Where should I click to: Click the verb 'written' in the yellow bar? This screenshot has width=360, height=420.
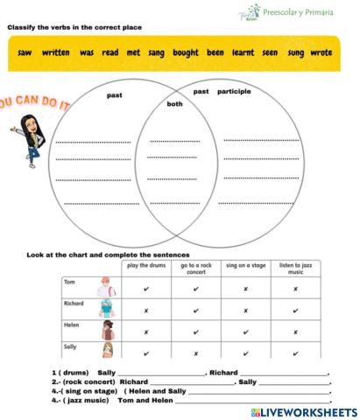click(56, 52)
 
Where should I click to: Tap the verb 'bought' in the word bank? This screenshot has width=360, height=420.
click(186, 52)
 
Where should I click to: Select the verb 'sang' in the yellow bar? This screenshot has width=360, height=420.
click(157, 52)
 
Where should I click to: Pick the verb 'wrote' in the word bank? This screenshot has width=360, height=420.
click(321, 52)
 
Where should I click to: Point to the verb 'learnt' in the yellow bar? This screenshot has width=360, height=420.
click(243, 52)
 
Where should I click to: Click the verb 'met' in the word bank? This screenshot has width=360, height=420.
click(133, 52)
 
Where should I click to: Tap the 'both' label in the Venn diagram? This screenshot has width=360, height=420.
click(174, 103)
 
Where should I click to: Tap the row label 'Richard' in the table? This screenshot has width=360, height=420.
click(74, 303)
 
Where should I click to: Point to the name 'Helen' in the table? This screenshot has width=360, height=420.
click(71, 325)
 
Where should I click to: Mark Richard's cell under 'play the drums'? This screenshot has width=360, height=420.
click(145, 310)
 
